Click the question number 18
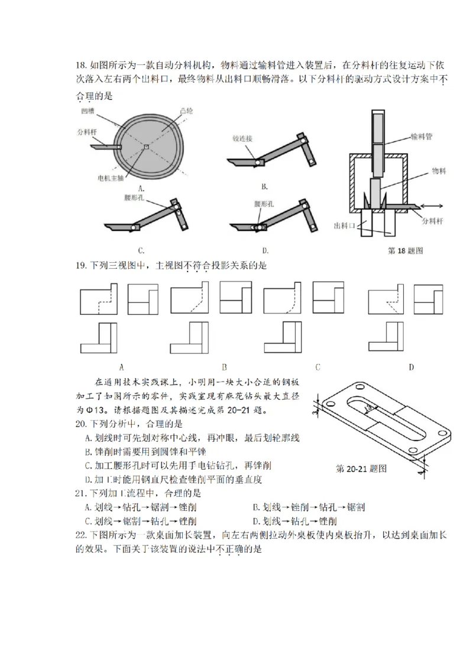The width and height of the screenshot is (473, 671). tap(82, 64)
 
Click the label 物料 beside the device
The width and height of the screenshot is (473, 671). tap(438, 170)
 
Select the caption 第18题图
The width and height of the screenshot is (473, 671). tap(405, 250)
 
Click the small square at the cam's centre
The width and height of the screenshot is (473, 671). tap(145, 146)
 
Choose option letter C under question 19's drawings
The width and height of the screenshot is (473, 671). tap(318, 367)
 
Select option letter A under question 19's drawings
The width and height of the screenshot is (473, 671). tap(121, 367)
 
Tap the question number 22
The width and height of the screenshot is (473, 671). tap(82, 535)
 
